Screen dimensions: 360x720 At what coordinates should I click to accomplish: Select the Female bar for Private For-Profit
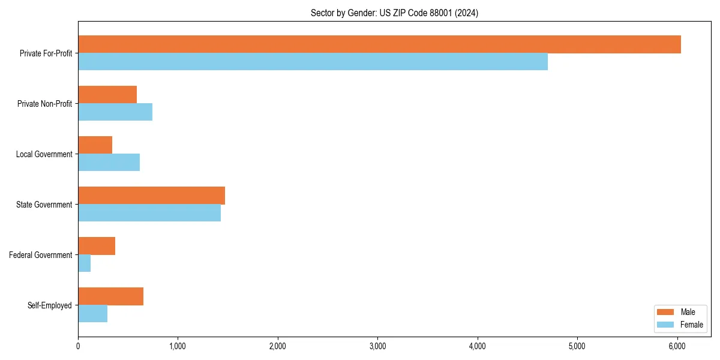[313, 62]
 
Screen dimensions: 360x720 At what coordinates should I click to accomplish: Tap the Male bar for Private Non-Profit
[107, 95]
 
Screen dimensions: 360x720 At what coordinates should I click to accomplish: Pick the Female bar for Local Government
[109, 163]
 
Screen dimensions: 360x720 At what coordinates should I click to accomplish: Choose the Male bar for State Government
[151, 196]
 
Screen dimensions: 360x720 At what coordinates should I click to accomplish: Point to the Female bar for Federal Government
[84, 263]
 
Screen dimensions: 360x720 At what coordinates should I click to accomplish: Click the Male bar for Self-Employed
[110, 296]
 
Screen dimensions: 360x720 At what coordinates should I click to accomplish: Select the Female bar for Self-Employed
[92, 314]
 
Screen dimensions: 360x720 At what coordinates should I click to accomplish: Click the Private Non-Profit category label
[44, 104]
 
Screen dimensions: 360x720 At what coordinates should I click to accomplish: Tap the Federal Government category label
[41, 255]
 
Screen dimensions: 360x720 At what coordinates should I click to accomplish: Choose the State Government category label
[44, 205]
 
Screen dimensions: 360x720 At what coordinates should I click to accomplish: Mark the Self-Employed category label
[49, 305]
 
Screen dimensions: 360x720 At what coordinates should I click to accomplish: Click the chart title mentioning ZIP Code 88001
[394, 13]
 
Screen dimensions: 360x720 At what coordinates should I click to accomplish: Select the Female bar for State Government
[149, 213]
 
